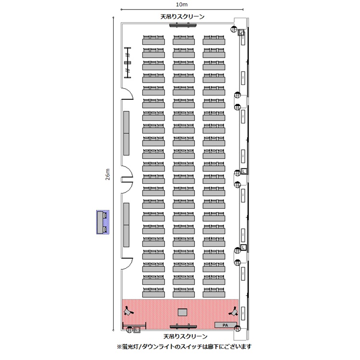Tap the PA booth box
pos(225,325)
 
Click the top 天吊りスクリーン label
pos(182,17)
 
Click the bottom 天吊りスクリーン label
pos(185,336)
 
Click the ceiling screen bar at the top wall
pos(183,25)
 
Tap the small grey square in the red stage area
pos(183,312)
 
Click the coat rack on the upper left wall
pos(128,62)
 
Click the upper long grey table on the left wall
pos(126,133)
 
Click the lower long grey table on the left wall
pos(126,224)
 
